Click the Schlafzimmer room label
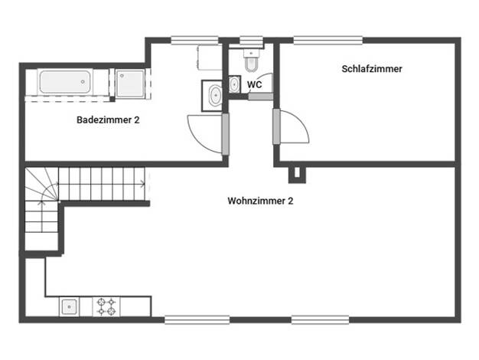[x=371, y=69]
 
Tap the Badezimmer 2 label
[x=108, y=120]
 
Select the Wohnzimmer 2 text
[x=260, y=201]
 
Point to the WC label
[x=255, y=84]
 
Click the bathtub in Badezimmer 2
[x=65, y=82]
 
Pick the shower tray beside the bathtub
[x=130, y=83]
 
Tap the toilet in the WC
[x=252, y=61]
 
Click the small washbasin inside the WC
[x=234, y=84]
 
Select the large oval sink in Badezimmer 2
[x=215, y=96]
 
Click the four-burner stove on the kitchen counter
[x=106, y=307]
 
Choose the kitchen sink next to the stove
[x=70, y=307]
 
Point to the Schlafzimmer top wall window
[x=328, y=41]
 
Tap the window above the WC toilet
[x=251, y=41]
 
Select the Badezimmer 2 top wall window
[x=194, y=41]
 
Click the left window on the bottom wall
[x=197, y=320]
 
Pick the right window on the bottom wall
[x=320, y=320]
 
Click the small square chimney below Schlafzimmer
[x=297, y=175]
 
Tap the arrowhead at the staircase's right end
[x=142, y=184]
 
